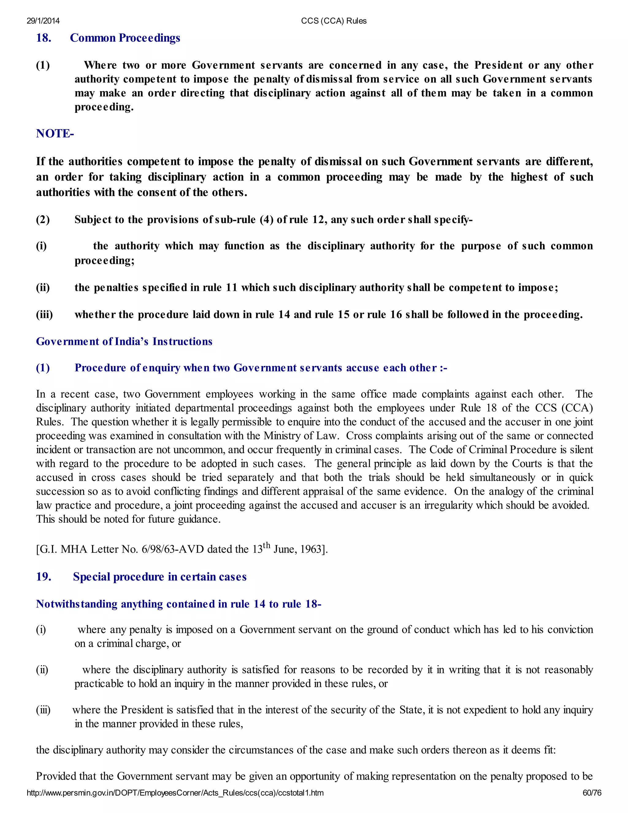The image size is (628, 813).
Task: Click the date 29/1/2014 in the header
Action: click(x=43, y=21)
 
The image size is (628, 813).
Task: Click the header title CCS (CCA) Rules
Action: click(x=333, y=21)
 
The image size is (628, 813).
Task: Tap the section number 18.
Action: click(x=44, y=38)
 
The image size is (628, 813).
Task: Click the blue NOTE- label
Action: click(x=55, y=134)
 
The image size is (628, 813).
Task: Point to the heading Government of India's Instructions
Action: click(x=124, y=341)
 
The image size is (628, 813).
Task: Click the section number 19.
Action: click(x=44, y=577)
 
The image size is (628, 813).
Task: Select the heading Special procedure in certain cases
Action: click(x=159, y=577)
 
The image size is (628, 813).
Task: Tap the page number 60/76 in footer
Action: click(x=592, y=793)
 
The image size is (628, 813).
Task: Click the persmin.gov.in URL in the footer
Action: click(x=175, y=793)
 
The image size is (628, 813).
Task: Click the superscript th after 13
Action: click(x=266, y=546)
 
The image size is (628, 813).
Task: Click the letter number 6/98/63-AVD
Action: click(x=173, y=549)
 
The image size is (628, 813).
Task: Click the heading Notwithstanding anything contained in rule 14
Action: click(x=178, y=604)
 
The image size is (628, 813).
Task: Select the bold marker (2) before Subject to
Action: click(x=43, y=220)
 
